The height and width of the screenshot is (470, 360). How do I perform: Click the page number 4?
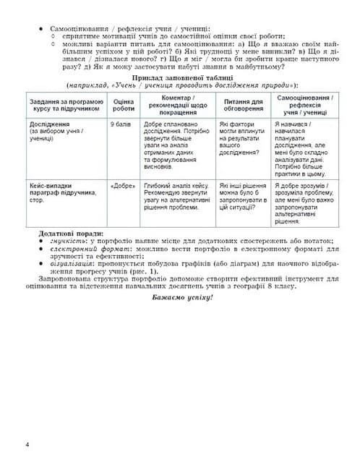tap(27, 443)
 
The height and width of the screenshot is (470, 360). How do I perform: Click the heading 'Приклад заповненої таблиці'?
tap(180, 77)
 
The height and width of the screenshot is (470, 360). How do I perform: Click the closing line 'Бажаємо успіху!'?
tap(180, 299)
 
